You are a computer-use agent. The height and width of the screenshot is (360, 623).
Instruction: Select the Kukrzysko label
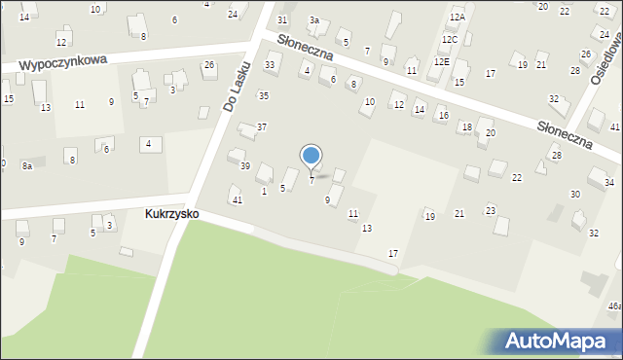[171, 213]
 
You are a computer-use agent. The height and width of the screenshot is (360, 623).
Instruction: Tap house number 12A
[458, 18]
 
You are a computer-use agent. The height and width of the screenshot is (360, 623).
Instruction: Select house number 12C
[449, 40]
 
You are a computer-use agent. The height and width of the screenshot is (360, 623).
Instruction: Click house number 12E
[442, 61]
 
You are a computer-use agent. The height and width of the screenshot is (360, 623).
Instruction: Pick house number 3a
[313, 20]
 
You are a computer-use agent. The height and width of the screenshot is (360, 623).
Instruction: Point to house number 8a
[27, 166]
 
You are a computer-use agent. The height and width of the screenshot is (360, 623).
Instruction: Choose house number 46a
[614, 306]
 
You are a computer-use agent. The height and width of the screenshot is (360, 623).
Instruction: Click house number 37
[262, 127]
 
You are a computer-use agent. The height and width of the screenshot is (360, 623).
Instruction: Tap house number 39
[245, 166]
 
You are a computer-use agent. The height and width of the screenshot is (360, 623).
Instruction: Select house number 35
[263, 95]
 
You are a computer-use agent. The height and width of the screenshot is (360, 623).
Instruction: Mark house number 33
[270, 65]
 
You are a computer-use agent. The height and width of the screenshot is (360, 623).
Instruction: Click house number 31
[282, 20]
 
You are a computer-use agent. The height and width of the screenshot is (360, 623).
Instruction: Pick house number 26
[209, 65]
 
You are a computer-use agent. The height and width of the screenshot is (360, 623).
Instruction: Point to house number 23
[491, 210]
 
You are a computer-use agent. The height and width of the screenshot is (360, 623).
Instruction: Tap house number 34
[608, 183]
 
